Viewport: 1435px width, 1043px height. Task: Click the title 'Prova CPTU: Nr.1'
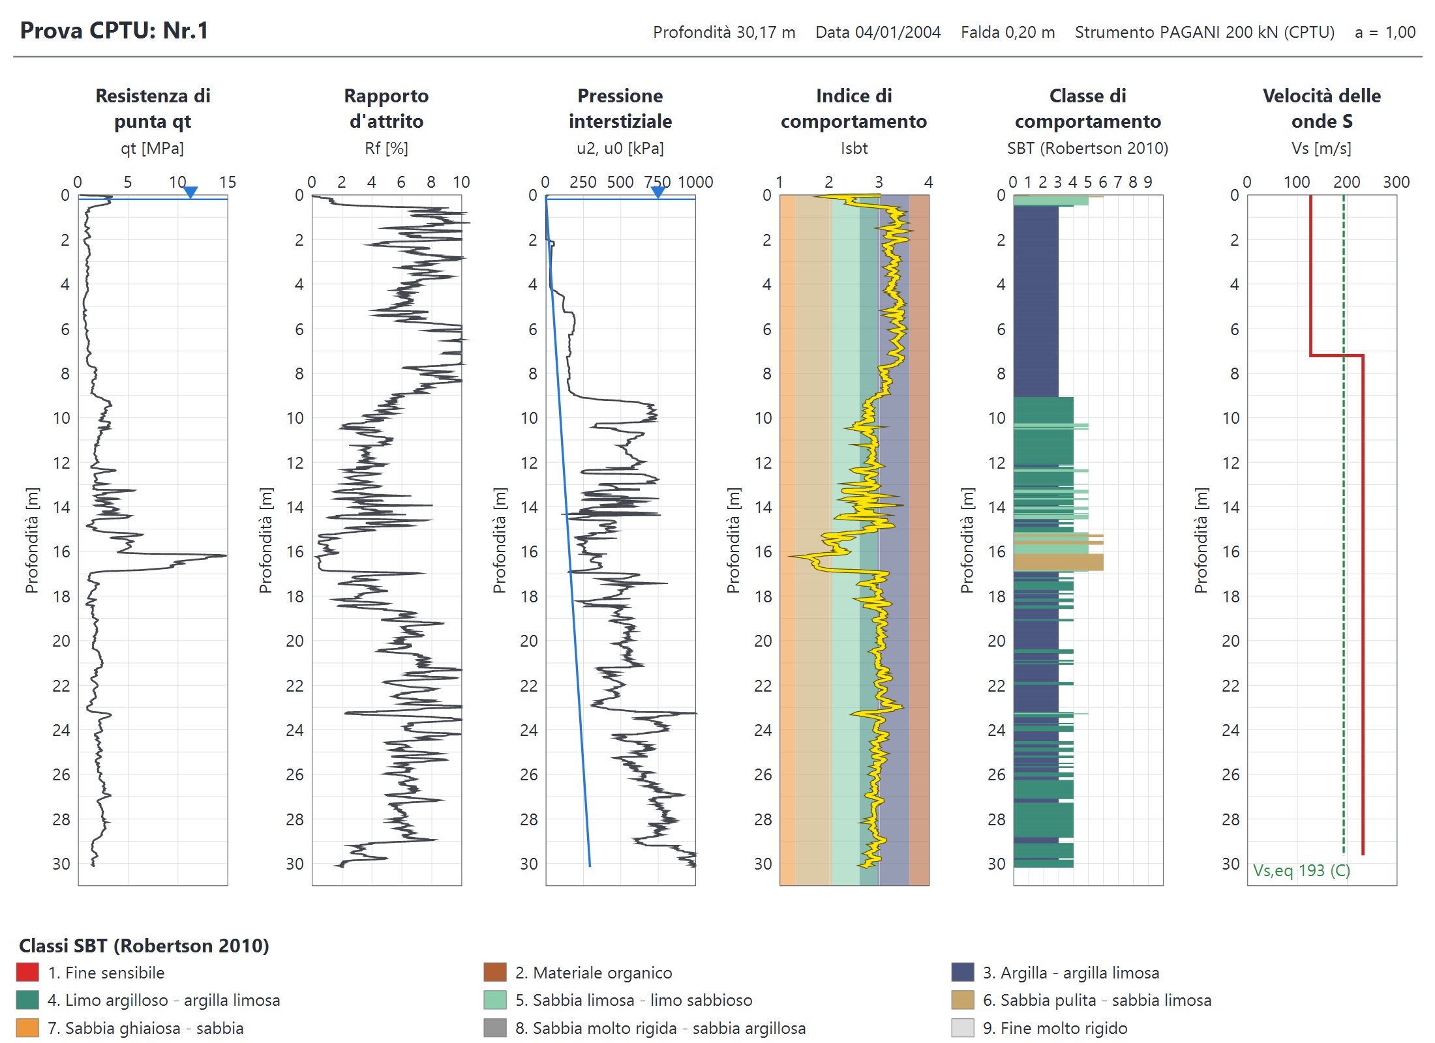pyautogui.click(x=114, y=31)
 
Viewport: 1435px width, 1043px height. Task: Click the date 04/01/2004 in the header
pyautogui.click(x=898, y=32)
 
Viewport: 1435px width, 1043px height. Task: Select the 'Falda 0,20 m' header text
pyautogui.click(x=1008, y=32)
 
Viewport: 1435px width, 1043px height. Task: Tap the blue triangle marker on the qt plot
pyautogui.click(x=190, y=192)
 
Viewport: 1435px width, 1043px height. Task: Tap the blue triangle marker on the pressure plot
pyautogui.click(x=658, y=192)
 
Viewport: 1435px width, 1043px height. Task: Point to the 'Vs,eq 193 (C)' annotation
pyautogui.click(x=1301, y=871)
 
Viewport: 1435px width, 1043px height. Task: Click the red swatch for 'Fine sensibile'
pyautogui.click(x=27, y=973)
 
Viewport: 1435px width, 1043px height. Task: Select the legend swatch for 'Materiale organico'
pyautogui.click(x=495, y=973)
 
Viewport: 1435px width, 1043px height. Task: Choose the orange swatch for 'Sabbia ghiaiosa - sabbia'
pyautogui.click(x=27, y=1028)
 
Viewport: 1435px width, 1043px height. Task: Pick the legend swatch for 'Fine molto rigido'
pyautogui.click(x=963, y=1028)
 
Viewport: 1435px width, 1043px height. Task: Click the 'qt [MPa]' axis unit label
pyautogui.click(x=152, y=149)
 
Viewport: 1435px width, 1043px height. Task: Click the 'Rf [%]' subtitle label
pyautogui.click(x=386, y=149)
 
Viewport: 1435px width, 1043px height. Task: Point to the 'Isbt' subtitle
pyautogui.click(x=854, y=149)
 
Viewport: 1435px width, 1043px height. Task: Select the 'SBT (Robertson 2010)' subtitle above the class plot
pyautogui.click(x=1087, y=149)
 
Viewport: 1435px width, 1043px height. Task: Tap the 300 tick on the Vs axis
pyautogui.click(x=1397, y=182)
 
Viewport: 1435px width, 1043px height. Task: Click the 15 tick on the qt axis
pyautogui.click(x=227, y=182)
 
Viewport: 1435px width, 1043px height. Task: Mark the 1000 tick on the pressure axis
pyautogui.click(x=695, y=182)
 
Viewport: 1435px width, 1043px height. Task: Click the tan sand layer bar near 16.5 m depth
pyautogui.click(x=1058, y=562)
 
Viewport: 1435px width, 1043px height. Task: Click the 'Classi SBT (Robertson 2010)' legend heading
pyautogui.click(x=144, y=946)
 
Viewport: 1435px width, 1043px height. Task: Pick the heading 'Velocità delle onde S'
pyautogui.click(x=1322, y=108)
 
